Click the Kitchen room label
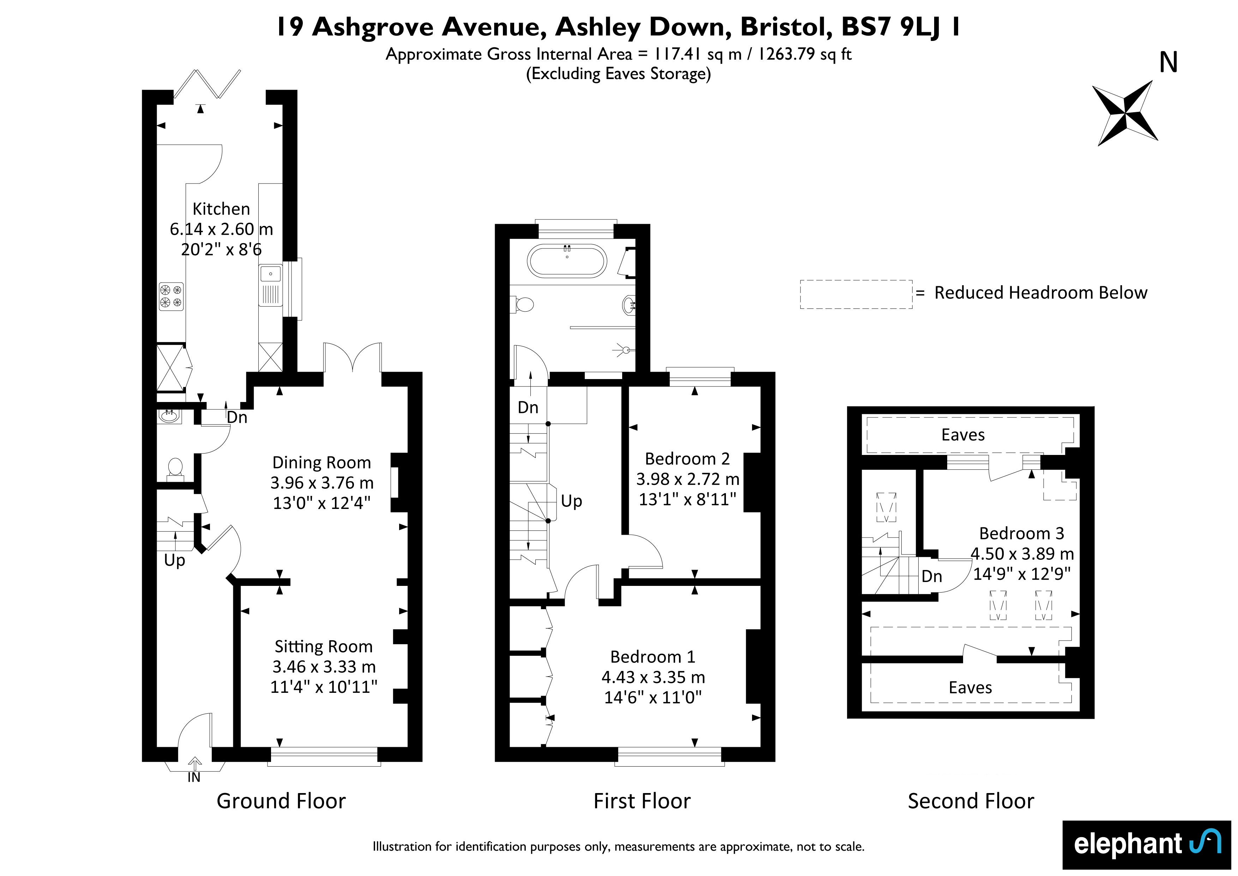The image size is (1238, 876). (221, 209)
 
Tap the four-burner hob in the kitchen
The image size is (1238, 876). (171, 296)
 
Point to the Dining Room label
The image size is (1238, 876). (321, 462)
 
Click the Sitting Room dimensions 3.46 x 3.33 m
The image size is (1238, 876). (324, 667)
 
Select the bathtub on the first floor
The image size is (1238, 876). (567, 261)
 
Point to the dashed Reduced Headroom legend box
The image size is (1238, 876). (856, 294)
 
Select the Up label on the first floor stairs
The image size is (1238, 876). (572, 501)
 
